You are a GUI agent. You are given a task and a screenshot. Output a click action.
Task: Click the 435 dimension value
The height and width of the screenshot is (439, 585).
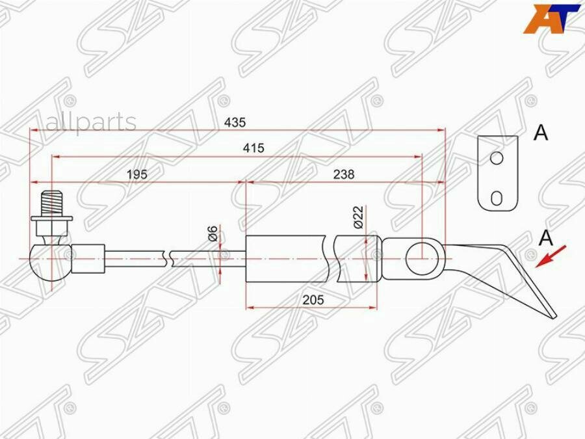pos(235,122)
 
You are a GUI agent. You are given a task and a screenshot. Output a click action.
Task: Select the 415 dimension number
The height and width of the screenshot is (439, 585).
pos(253,148)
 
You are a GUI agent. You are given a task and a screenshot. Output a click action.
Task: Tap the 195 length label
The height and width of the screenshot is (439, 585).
pos(137,174)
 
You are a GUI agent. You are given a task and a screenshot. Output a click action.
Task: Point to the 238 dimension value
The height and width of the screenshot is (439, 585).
pos(344,174)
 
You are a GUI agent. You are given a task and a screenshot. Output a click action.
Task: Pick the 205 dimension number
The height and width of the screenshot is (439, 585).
pos(313,300)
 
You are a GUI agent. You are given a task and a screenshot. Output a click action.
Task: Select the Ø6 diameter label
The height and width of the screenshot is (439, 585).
pos(213,233)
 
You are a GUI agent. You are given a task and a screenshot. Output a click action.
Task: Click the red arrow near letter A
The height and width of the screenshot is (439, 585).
pos(551,256)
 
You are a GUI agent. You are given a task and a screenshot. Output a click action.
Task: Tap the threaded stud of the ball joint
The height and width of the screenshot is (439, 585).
pos(51,204)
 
